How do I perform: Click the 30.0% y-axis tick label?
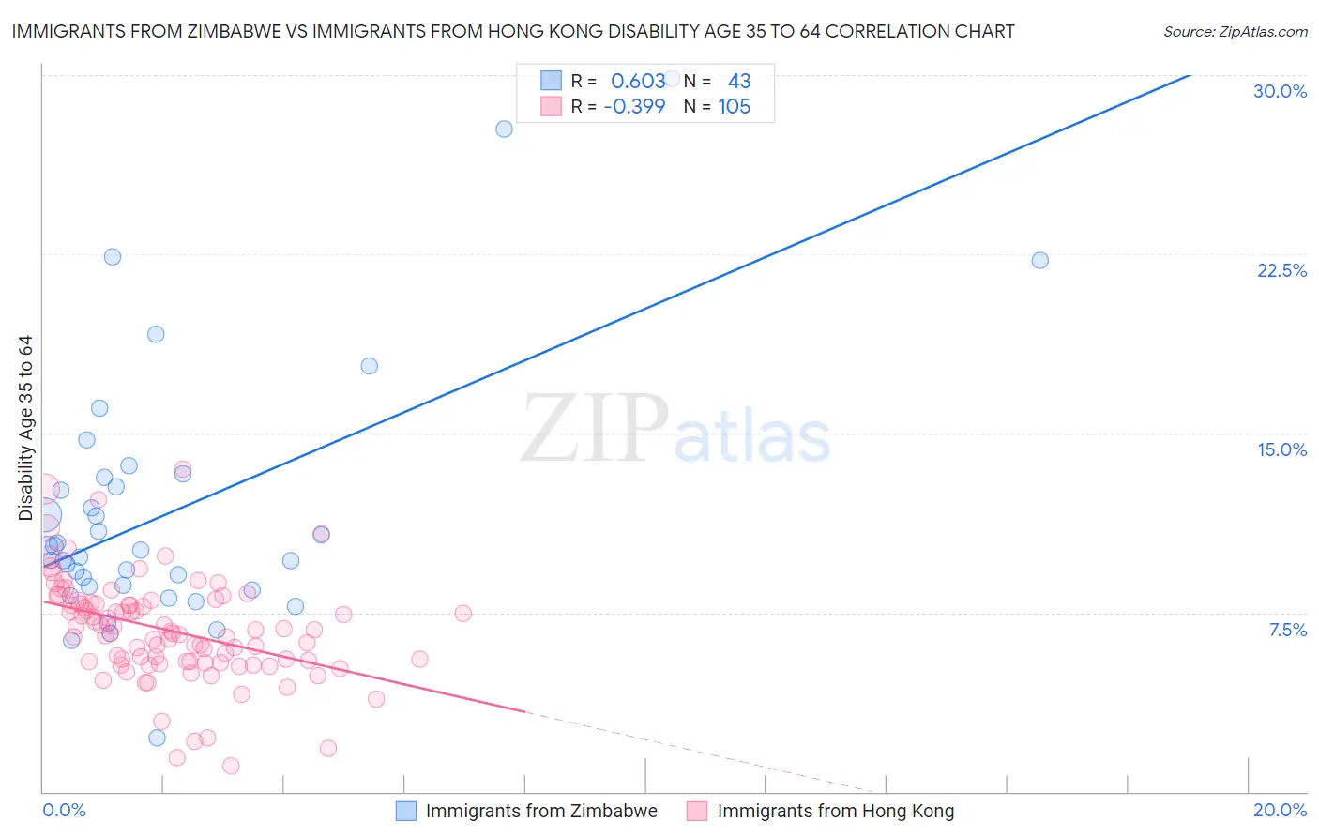1280,91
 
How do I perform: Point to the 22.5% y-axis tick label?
1281,270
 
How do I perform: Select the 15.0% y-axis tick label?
1281,449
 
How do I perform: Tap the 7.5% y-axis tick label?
1287,630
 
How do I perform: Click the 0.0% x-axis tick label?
64,810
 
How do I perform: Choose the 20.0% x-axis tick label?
1280,810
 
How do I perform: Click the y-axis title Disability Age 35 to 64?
25,428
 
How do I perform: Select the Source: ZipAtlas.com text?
1235,32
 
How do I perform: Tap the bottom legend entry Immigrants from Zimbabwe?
541,811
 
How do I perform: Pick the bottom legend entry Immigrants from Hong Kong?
835,811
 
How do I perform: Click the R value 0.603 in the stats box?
638,82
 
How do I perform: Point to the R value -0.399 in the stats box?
634,107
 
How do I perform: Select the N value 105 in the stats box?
734,107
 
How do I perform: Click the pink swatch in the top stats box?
551,107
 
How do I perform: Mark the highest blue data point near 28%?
504,129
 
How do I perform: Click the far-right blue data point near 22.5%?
1039,260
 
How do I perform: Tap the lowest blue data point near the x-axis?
157,738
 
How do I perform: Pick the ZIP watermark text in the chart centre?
595,428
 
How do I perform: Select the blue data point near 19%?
156,334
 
